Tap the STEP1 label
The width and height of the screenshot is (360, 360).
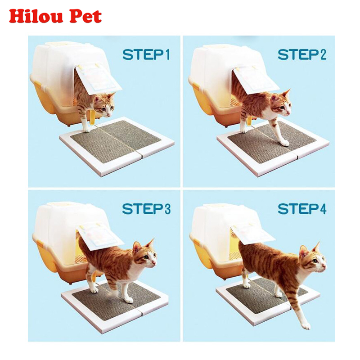coord(146,55)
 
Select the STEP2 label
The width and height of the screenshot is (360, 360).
coord(302,55)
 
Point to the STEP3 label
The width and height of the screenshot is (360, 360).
coord(146,209)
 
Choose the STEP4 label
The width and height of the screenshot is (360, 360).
coord(302,209)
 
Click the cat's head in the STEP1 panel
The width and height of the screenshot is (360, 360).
coord(104,105)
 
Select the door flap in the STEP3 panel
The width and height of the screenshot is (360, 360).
coord(100,237)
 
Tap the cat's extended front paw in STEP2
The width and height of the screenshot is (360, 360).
coord(285,143)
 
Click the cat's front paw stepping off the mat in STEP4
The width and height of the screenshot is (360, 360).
coord(306,325)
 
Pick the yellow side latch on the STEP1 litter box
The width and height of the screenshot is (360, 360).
coord(41,87)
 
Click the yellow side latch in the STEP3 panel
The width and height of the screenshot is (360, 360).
coord(40,242)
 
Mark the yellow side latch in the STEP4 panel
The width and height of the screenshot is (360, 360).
coord(197,242)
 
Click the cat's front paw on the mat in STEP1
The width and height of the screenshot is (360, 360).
coord(86,130)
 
